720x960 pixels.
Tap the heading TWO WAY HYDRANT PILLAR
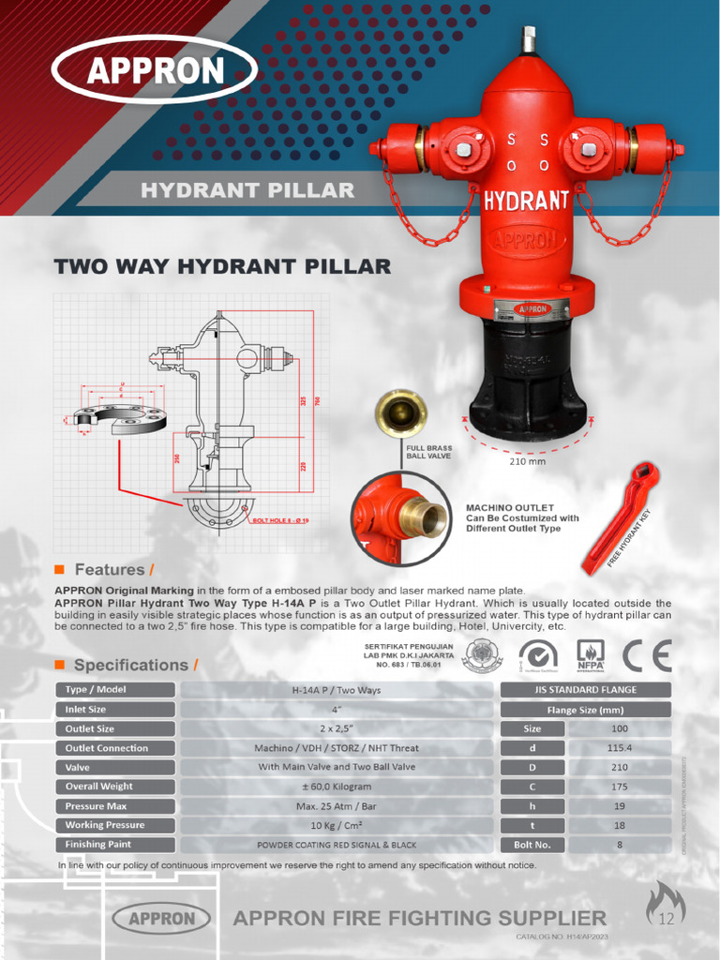pyautogui.click(x=222, y=266)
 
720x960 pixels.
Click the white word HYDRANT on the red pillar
pyautogui.click(x=527, y=200)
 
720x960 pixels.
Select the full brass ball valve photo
pyautogui.click(x=401, y=412)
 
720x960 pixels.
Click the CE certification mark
pyautogui.click(x=648, y=655)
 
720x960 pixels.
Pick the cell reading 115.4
pyautogui.click(x=619, y=748)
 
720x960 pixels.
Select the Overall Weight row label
pyautogui.click(x=118, y=787)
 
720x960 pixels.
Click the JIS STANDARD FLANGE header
pyautogui.click(x=585, y=690)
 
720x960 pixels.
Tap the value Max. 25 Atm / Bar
pyautogui.click(x=336, y=806)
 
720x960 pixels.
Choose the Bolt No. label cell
pyautogui.click(x=532, y=845)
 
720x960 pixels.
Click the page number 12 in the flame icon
pyautogui.click(x=667, y=918)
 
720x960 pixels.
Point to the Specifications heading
pyautogui.click(x=130, y=666)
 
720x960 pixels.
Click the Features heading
pyautogui.click(x=110, y=570)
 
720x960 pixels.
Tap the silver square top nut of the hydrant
pyautogui.click(x=529, y=39)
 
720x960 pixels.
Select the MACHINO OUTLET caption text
pyautogui.click(x=522, y=517)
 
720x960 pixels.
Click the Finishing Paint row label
pyautogui.click(x=118, y=845)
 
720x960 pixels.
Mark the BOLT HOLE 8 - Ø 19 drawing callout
pyautogui.click(x=280, y=518)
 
